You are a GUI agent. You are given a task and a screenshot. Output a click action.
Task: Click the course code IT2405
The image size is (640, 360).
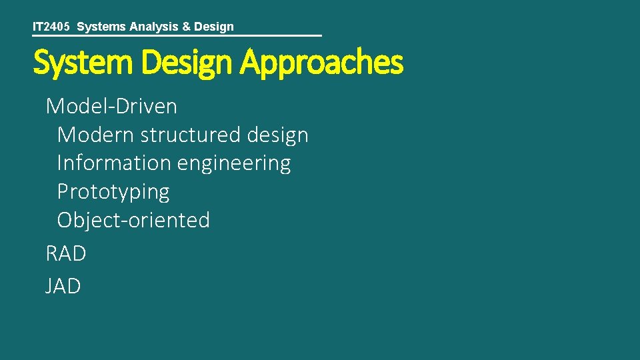click(51, 27)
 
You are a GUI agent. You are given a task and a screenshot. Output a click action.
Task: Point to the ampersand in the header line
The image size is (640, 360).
click(186, 27)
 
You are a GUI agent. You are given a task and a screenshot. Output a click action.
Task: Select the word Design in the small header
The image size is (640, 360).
click(214, 27)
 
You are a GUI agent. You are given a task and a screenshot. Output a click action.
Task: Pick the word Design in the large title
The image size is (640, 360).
click(187, 63)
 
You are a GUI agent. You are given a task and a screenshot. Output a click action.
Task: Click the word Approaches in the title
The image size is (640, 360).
click(322, 63)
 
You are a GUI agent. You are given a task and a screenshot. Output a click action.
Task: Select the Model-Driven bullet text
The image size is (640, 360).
click(111, 106)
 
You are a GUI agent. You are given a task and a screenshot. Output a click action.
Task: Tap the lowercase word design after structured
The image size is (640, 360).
click(277, 135)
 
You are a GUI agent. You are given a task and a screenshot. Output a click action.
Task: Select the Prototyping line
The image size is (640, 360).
click(113, 192)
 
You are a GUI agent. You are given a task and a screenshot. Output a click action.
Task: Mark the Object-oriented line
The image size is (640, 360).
click(133, 220)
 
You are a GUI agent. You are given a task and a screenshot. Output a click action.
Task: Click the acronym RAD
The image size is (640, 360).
click(66, 254)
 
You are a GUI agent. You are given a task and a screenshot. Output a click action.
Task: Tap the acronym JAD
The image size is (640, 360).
click(63, 287)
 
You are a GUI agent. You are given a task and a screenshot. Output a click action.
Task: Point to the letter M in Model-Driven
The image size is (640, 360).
click(55, 106)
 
